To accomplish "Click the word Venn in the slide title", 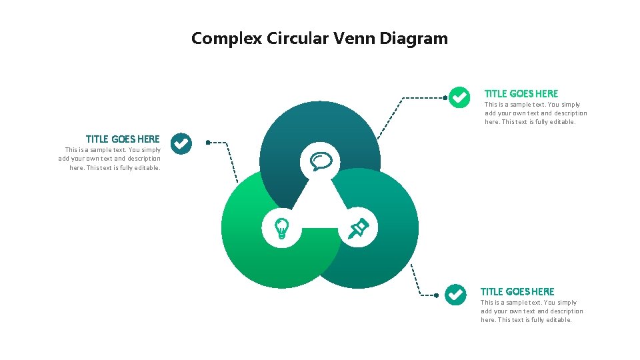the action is pos(353,39).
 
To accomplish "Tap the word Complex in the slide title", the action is pos(227,39).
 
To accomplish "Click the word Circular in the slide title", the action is pos(297,39).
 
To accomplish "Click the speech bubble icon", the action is pos(321,161).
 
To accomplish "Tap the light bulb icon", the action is pos(282,228).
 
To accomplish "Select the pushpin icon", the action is pos(359,228).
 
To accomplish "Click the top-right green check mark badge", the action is pos(459,97).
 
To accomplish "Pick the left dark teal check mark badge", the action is pos(181,143).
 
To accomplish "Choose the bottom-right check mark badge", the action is pos(455,294).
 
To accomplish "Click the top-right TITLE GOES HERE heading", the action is pos(521,93).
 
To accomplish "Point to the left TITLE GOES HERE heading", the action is pos(123,139).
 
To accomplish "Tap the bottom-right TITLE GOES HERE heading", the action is pos(517,291).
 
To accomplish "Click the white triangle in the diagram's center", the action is pos(320,203).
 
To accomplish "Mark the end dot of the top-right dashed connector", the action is pos(445,97).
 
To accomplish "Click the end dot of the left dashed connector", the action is pos(208,142).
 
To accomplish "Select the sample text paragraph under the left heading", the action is pos(109,159).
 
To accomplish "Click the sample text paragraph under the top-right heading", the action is pos(536,113).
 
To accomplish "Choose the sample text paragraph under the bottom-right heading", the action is pos(532,311).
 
